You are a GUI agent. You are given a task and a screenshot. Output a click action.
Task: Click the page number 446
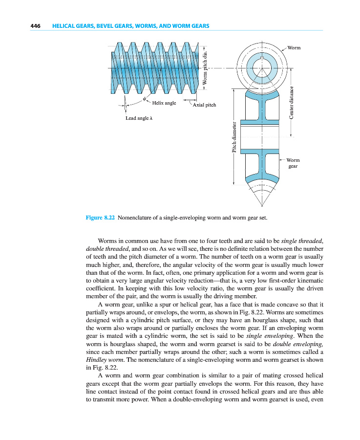[35, 26]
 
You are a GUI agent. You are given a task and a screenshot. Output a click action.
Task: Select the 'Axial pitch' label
[204, 105]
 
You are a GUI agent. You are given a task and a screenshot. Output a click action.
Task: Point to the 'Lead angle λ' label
[140, 118]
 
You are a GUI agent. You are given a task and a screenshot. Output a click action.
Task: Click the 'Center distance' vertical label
[291, 102]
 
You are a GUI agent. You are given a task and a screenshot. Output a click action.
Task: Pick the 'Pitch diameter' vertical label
[234, 137]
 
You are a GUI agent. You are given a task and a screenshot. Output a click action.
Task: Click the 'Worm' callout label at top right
[294, 48]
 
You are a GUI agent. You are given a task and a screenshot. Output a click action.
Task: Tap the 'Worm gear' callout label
[293, 163]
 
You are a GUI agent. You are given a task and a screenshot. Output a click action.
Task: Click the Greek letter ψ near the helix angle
[145, 99]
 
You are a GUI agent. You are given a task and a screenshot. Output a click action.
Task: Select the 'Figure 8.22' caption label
[100, 218]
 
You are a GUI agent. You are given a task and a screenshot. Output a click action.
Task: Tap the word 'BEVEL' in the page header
[101, 26]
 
